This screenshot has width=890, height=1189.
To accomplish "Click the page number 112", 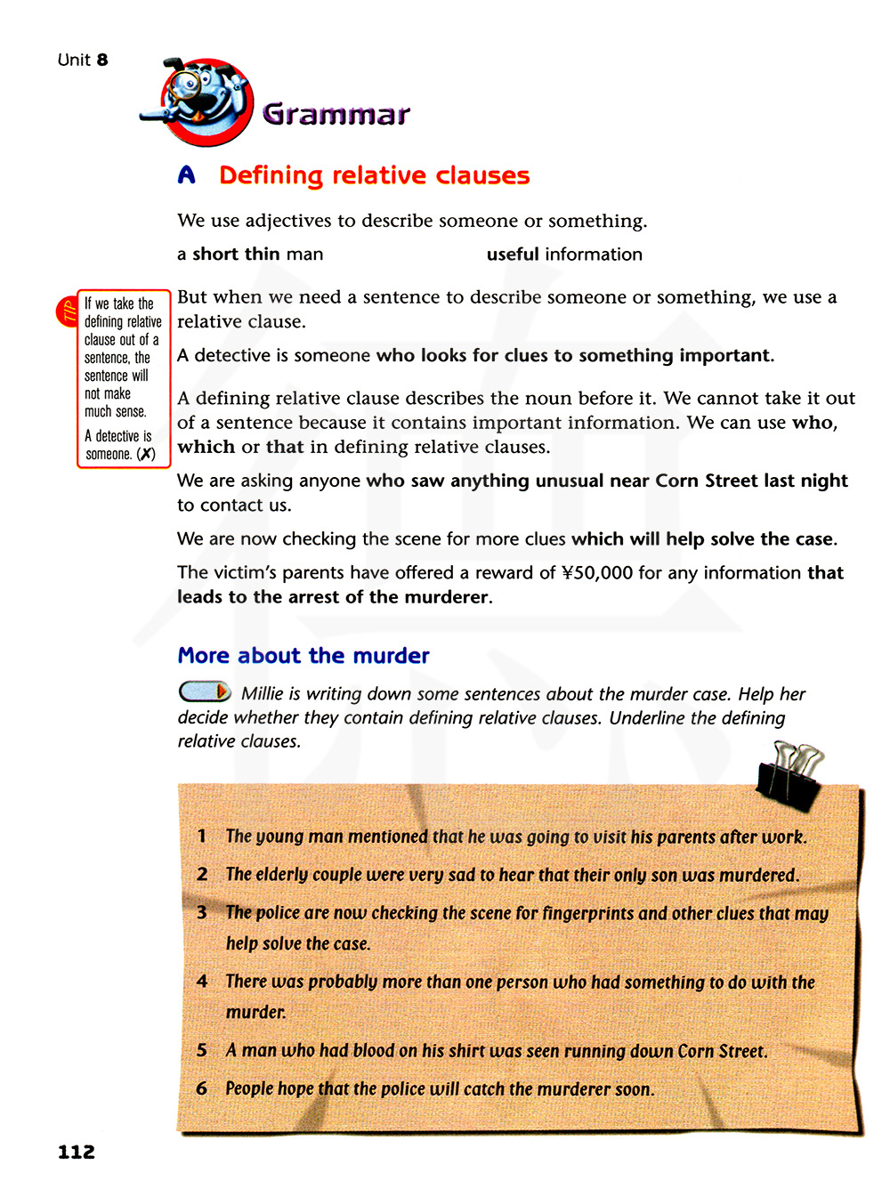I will coord(77,1152).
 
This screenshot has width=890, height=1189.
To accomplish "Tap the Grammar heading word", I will coord(336,114).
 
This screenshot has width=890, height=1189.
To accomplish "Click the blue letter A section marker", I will coord(186,175).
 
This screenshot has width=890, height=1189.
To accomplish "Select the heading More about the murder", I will coord(303,656).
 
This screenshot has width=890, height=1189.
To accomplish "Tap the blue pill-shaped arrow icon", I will coord(205,692).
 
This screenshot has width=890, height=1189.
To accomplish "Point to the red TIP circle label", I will coord(68,311).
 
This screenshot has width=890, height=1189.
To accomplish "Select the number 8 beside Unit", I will coord(102,60).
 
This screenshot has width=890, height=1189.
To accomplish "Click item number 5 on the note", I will coord(202,1050).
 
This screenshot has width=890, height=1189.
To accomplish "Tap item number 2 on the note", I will coord(202,874).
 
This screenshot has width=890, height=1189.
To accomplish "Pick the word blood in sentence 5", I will coord(373,1050).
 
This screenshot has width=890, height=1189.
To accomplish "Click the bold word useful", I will coord(513,255).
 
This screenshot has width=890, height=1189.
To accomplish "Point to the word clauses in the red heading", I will coord(482,175).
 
